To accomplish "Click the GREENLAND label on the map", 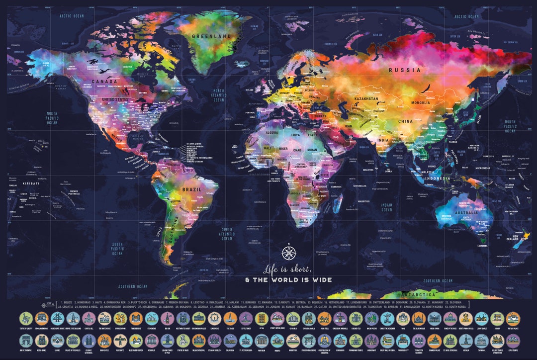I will (213, 36).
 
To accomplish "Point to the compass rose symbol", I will (289, 253).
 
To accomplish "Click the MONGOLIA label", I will (420, 102).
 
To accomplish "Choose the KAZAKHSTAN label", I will (366, 99).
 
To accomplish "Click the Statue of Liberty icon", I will (26, 318).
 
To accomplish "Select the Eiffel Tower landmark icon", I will (245, 318).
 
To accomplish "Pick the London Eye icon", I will (214, 318).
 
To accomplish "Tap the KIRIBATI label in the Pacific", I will (31, 183).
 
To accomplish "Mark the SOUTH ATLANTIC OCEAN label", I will (227, 234).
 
